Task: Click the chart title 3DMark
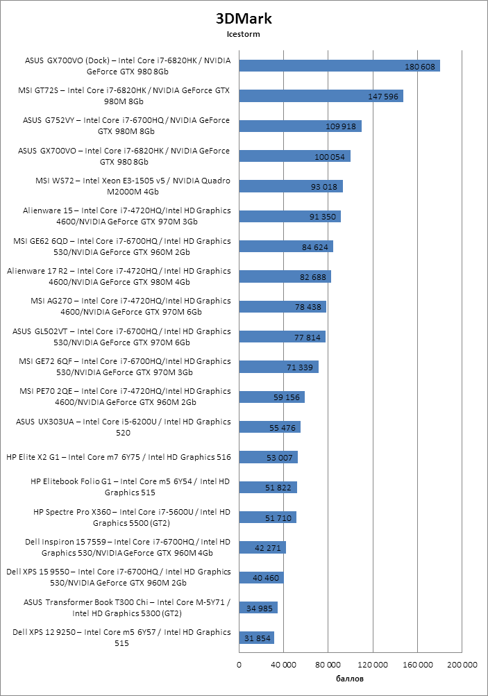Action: (243, 19)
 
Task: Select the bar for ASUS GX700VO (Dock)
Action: (339, 66)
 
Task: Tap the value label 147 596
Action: (383, 96)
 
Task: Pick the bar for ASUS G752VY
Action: (300, 126)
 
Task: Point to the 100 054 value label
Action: (330, 156)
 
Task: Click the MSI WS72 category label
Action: (132, 186)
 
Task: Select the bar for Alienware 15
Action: (289, 216)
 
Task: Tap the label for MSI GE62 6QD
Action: (121, 247)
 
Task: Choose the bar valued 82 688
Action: (285, 276)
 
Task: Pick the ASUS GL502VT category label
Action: (121, 337)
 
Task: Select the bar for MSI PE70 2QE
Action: (271, 397)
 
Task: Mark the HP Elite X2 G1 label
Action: (119, 457)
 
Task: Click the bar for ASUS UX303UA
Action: (269, 427)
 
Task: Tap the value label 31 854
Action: (255, 638)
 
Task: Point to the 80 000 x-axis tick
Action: (328, 665)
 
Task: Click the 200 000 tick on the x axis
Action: (462, 665)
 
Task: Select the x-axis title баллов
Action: (350, 679)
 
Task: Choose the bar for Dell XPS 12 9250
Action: (256, 638)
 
